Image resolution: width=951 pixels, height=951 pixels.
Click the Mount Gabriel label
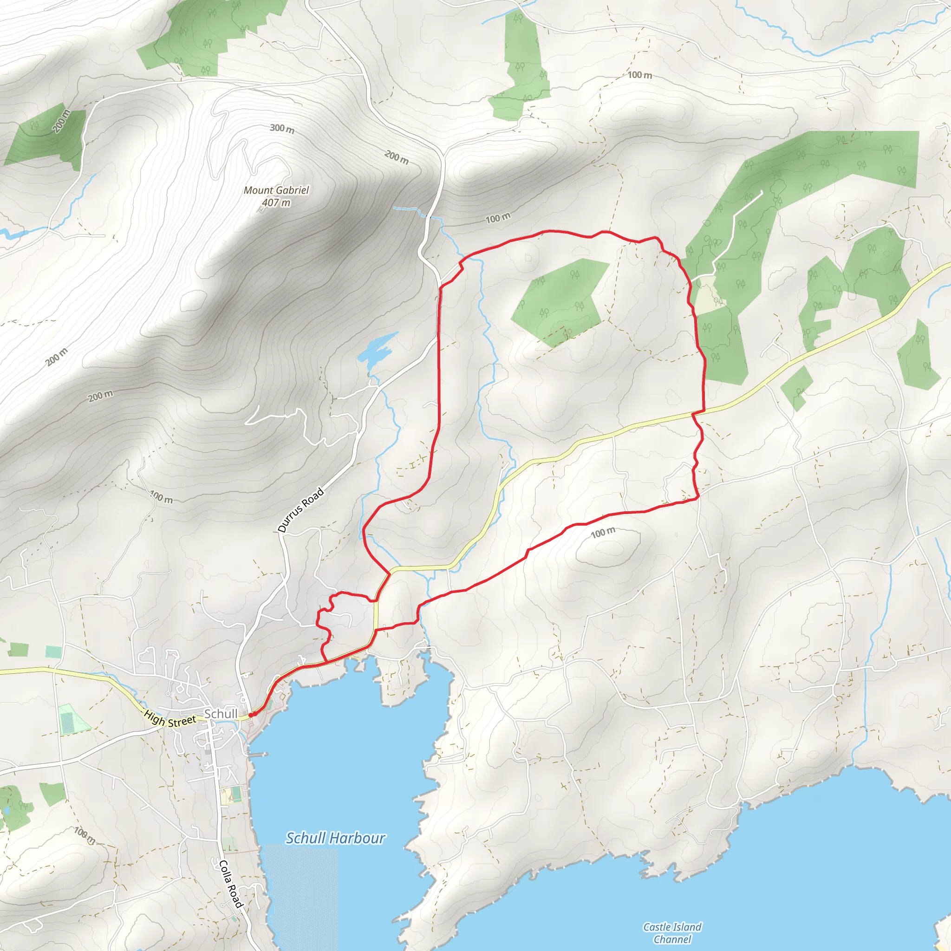[x=276, y=190]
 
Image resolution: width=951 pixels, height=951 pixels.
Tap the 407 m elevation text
[x=276, y=202]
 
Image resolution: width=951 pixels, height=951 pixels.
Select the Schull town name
[x=221, y=714]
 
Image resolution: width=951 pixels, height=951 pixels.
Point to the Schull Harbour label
[x=335, y=838]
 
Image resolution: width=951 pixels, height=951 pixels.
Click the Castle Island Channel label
[x=672, y=933]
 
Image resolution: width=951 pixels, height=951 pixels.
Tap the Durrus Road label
[x=301, y=510]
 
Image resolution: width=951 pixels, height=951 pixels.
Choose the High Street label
[x=170, y=719]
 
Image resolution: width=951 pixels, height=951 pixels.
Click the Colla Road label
[x=230, y=884]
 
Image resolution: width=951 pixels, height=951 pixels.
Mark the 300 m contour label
[x=282, y=129]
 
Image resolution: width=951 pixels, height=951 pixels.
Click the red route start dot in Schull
[x=251, y=715]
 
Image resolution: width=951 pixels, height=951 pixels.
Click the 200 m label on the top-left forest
[x=62, y=121]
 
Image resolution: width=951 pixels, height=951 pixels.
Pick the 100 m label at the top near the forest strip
[x=639, y=75]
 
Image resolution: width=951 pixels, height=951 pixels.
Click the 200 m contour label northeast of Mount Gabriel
[x=396, y=157]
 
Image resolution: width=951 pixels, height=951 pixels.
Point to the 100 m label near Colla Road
[x=85, y=835]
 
